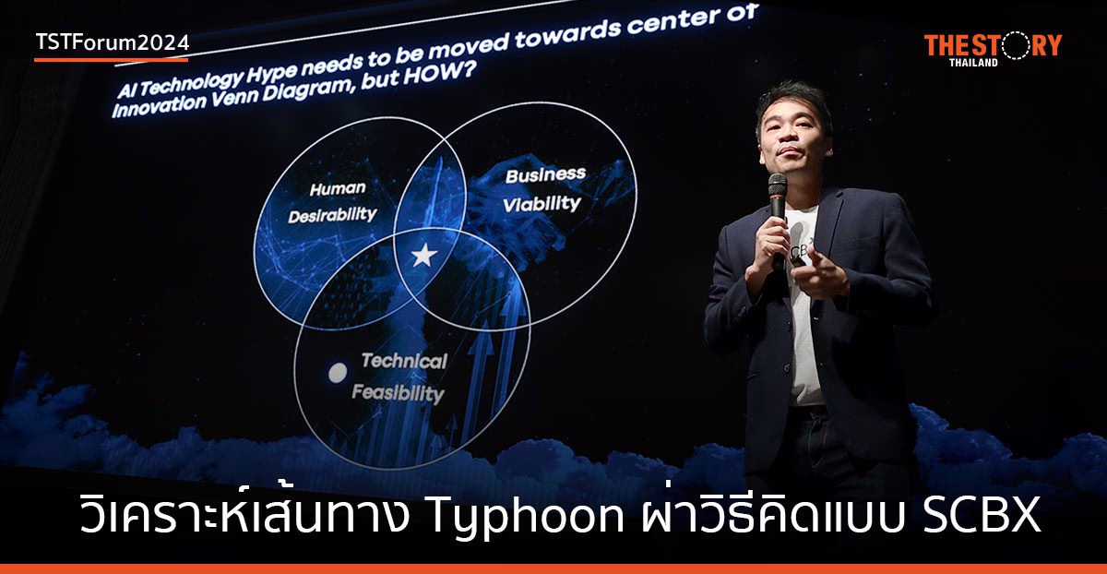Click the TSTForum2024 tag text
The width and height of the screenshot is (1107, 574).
tap(112, 42)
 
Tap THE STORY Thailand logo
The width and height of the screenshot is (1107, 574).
tap(993, 48)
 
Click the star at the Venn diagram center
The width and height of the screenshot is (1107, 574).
tap(423, 256)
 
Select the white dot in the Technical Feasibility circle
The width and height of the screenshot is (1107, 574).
tap(339, 373)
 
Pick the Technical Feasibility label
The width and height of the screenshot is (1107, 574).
tap(402, 377)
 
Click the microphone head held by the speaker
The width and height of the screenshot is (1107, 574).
tap(778, 185)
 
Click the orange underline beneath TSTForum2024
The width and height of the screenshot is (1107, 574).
tap(111, 60)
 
